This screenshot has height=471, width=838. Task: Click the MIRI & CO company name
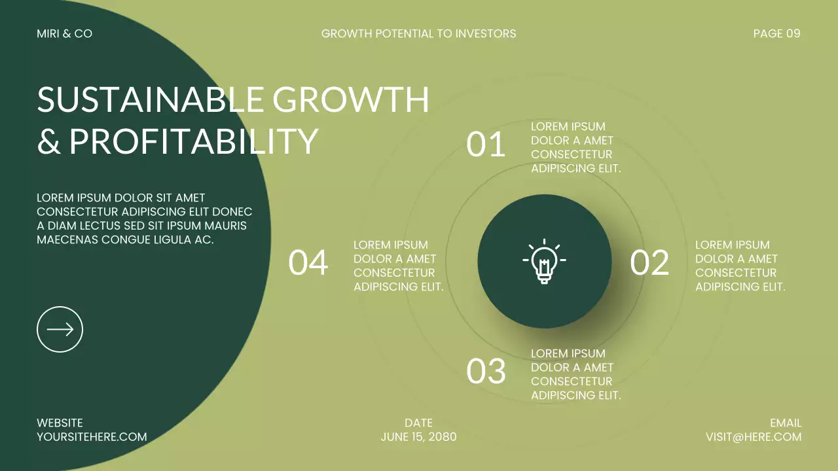point(64,33)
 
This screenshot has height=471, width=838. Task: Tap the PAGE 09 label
point(776,33)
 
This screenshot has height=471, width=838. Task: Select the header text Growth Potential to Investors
point(418,33)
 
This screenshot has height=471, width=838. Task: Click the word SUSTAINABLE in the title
point(150,100)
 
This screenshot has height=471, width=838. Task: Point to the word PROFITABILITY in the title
point(194,141)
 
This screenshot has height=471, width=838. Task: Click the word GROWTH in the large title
point(351,100)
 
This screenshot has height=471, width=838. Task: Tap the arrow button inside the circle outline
point(60,329)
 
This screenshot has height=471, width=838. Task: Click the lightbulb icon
point(544,261)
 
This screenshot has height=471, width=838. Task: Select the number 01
point(486,145)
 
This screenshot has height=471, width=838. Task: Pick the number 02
point(649,262)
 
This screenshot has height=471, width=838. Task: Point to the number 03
point(486,372)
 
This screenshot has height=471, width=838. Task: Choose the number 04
point(308,262)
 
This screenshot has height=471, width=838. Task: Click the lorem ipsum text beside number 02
point(740,266)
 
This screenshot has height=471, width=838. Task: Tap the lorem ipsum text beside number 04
point(398,266)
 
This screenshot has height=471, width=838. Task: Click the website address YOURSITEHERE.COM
point(92,437)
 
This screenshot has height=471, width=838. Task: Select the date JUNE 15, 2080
point(418,437)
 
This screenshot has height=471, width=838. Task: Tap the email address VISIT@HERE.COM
point(753,437)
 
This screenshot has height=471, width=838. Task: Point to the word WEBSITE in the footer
point(60,423)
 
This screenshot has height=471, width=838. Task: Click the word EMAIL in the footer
point(786,423)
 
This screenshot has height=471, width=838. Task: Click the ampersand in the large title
point(48,142)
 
